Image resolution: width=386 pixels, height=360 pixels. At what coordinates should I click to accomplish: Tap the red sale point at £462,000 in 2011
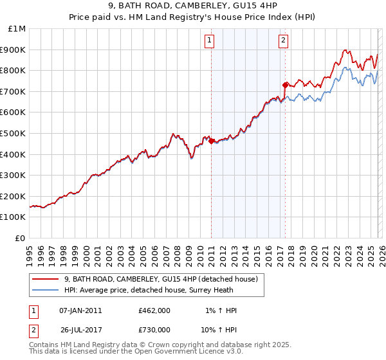pyautogui.click(x=211, y=141)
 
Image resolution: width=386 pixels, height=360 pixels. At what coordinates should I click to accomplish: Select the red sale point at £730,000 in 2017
pyautogui.click(x=285, y=85)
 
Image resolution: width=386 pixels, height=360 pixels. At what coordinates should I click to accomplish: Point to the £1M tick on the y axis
pyautogui.click(x=17, y=29)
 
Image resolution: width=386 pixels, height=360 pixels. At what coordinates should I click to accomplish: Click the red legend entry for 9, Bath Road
pyautogui.click(x=161, y=279)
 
